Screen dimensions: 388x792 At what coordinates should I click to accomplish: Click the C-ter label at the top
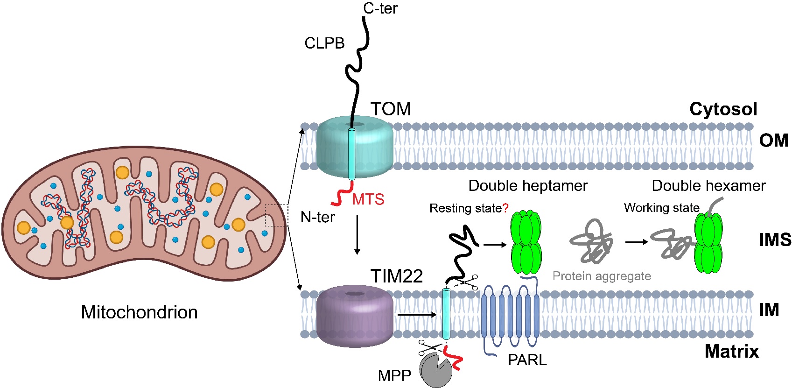(380, 8)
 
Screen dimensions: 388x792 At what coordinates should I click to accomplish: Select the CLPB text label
(324, 43)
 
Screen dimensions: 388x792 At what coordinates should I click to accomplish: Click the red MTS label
(368, 199)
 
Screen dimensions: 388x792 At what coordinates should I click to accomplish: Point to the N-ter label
(317, 217)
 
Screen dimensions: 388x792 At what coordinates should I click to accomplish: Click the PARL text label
(527, 360)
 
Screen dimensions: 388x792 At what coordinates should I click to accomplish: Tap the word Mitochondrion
(139, 312)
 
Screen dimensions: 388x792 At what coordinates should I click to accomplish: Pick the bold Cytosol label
(723, 109)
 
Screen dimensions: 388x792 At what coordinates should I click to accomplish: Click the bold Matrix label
(731, 351)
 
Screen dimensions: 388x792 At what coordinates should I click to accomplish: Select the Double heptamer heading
(528, 186)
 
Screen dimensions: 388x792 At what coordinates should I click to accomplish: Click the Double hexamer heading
(708, 186)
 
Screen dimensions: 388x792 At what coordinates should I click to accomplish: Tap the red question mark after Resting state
(505, 208)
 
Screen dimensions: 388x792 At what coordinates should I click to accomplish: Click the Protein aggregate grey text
(602, 276)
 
